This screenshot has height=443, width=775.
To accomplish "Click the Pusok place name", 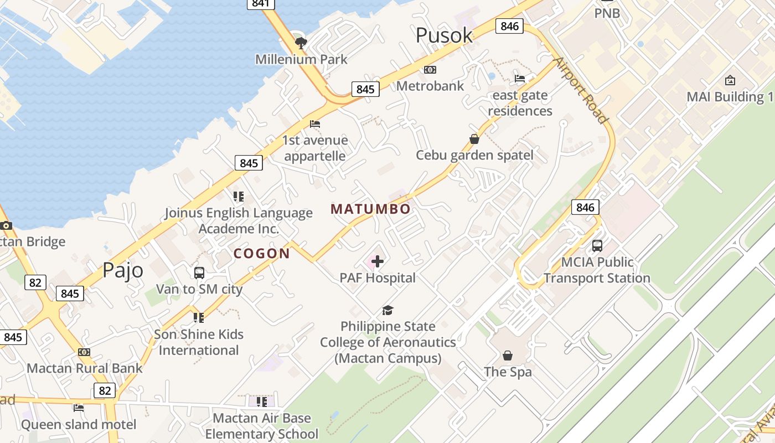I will [x=444, y=35].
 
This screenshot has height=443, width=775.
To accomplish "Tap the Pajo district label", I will [x=122, y=270].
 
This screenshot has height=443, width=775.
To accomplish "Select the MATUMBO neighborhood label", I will [x=370, y=209].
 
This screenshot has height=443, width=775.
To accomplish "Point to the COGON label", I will [x=261, y=254].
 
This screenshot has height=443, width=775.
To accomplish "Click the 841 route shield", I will [x=260, y=3].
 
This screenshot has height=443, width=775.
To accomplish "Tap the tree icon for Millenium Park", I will [x=301, y=43].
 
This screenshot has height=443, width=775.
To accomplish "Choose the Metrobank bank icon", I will [x=430, y=70].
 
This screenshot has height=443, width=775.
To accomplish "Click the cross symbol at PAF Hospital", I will [x=378, y=261].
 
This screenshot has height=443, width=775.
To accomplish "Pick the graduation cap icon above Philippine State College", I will [x=387, y=311].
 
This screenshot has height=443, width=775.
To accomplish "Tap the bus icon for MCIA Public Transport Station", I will [x=597, y=245].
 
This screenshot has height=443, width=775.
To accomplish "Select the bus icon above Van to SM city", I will [x=199, y=273].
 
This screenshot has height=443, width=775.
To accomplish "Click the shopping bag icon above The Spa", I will [x=507, y=356].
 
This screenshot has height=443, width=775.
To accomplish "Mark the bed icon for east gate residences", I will [x=520, y=79].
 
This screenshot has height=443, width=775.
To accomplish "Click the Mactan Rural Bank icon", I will [x=84, y=352].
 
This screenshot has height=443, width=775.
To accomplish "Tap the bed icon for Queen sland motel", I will [x=79, y=408].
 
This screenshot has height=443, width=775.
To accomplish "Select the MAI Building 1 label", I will [x=730, y=97].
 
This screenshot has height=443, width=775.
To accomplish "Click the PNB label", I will [x=607, y=13].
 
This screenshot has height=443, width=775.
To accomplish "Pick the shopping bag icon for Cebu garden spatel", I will [x=474, y=139].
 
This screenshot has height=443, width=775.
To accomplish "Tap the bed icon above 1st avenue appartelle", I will [x=315, y=124].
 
